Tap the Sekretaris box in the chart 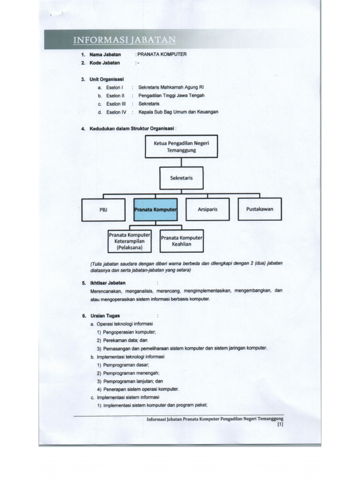coord(181,178)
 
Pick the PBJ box coord(104,210)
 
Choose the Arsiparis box coord(208,209)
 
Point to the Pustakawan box coord(259,209)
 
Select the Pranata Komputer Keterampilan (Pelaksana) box coord(130,241)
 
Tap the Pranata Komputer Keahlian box coord(181,241)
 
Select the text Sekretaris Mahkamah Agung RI coord(171,87)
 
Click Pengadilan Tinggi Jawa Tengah coord(172,96)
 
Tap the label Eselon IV coord(117,112)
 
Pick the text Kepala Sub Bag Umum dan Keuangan coord(178,112)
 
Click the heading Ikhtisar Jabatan coord(107,283)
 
